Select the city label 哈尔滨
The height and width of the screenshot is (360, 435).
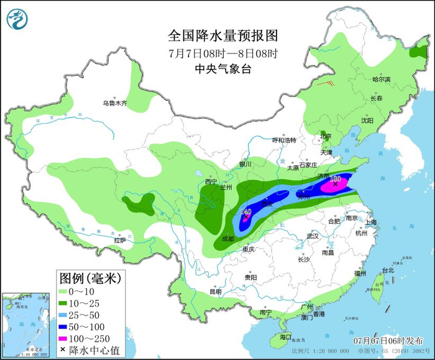click(x=381, y=80)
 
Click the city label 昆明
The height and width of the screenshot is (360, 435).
click(x=215, y=291)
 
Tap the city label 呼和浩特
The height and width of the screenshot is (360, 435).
click(x=285, y=140)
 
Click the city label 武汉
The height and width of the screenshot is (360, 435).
click(x=312, y=236)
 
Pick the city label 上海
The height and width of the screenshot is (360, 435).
click(x=372, y=222)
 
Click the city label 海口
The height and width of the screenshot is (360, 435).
click(x=285, y=336)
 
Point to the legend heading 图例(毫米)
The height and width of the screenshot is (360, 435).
click(x=89, y=277)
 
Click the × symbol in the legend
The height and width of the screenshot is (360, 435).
click(x=63, y=350)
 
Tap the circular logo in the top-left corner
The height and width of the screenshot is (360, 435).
click(x=18, y=19)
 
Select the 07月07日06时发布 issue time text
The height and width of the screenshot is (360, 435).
click(x=388, y=341)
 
